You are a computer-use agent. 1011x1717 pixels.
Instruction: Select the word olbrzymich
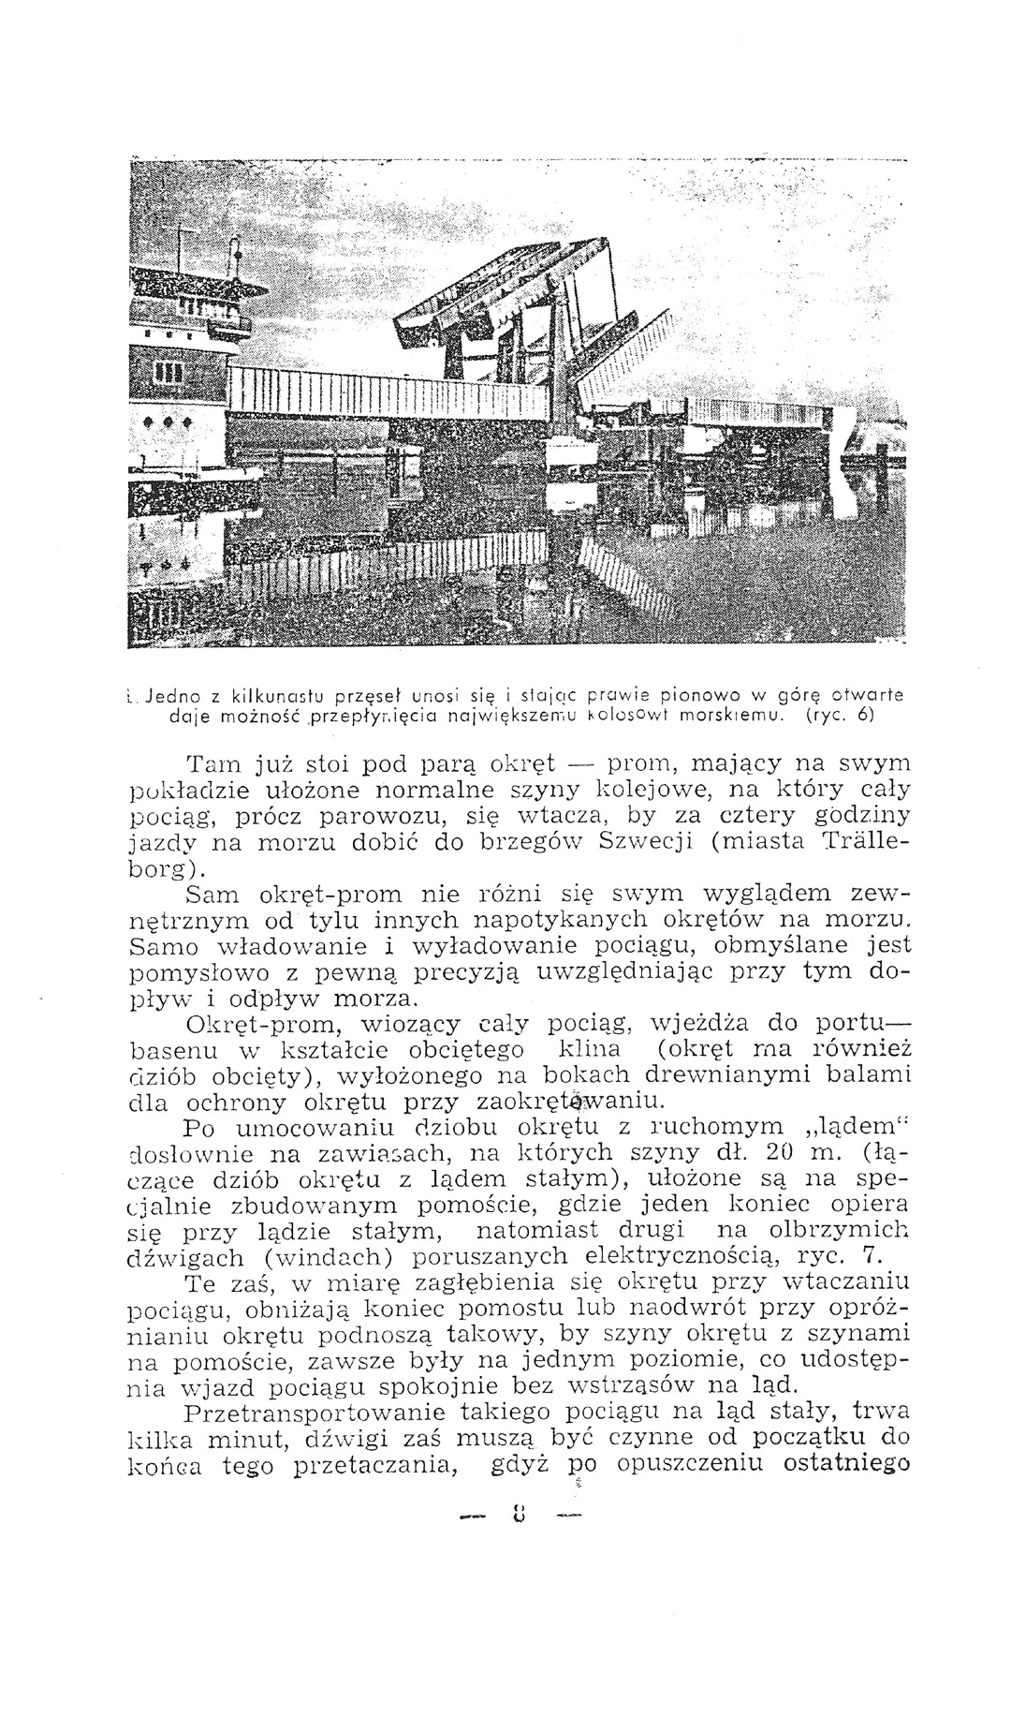(842, 1231)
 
